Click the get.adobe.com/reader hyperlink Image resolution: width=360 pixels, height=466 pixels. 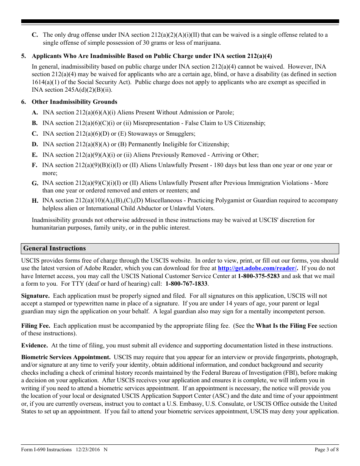pyautogui.click(x=258, y=269)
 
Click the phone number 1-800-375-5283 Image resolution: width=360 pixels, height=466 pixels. pyautogui.click(x=258, y=276)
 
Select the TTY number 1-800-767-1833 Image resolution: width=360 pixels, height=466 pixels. pyautogui.click(x=186, y=284)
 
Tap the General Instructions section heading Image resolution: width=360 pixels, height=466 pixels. pyautogui.click(x=55, y=249)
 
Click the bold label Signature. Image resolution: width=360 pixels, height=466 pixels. pyautogui.click(x=35, y=296)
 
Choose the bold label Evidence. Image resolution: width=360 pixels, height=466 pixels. pyautogui.click(x=34, y=346)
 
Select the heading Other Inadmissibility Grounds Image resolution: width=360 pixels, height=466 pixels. pyautogui.click(x=74, y=102)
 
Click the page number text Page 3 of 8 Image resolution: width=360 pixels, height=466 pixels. pyautogui.click(x=327, y=450)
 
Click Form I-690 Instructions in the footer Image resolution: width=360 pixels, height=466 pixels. pyautogui.click(x=46, y=450)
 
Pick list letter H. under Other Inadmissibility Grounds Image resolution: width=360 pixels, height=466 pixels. pyautogui.click(x=35, y=201)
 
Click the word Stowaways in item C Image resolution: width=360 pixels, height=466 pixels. pyautogui.click(x=142, y=134)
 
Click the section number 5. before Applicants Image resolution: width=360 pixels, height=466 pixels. pyautogui.click(x=23, y=56)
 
